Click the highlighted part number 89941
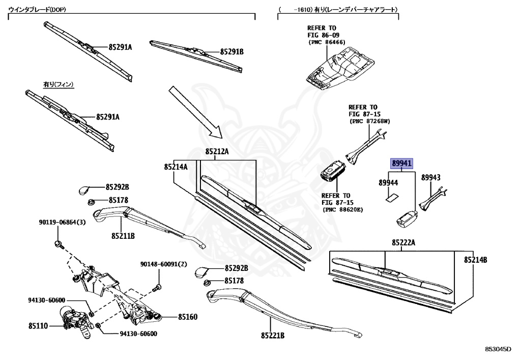click(x=402, y=163)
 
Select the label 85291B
click(x=231, y=52)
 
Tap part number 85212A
click(x=217, y=151)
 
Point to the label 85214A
click(x=176, y=167)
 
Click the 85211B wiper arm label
click(x=123, y=236)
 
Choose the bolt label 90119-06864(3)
click(x=62, y=222)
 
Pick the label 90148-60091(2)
click(x=164, y=264)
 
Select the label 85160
click(x=187, y=317)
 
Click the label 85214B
click(x=475, y=260)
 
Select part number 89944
click(x=388, y=182)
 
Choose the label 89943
click(x=430, y=177)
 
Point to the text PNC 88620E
click(x=341, y=209)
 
